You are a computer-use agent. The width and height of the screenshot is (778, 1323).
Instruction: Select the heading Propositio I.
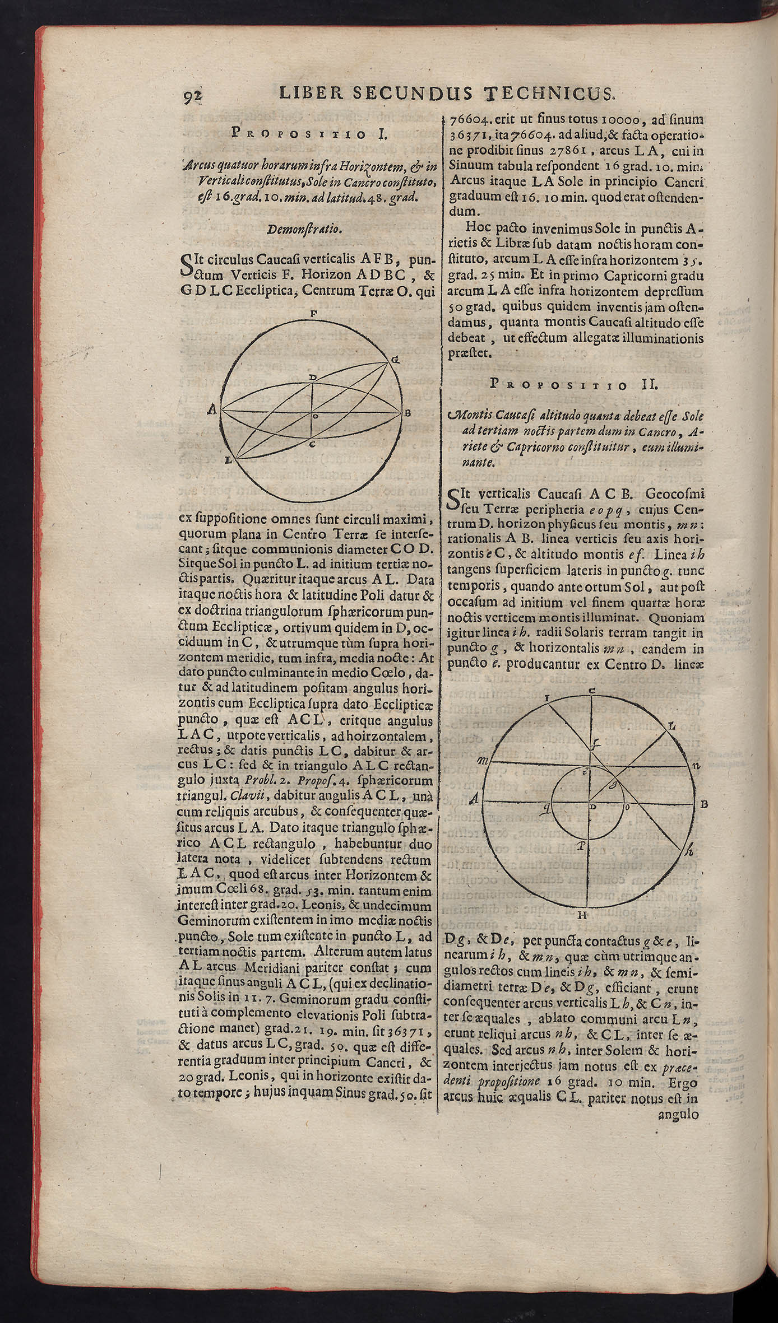tap(305, 134)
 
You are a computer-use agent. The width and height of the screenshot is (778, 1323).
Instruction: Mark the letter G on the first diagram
tap(395, 359)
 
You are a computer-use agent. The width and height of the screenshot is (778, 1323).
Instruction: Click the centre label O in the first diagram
tap(316, 416)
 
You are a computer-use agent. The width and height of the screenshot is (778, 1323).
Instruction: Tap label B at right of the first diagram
tap(408, 413)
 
